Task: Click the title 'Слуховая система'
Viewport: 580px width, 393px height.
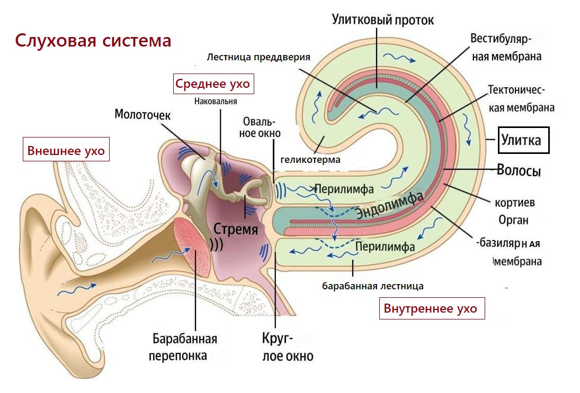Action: tap(93, 41)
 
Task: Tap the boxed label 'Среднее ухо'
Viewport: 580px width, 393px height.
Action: tap(212, 84)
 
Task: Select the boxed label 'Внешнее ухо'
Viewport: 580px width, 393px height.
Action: tap(66, 151)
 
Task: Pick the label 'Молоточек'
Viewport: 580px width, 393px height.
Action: tap(142, 114)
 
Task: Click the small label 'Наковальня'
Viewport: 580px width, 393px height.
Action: tap(216, 101)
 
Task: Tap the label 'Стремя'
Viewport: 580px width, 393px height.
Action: tap(236, 230)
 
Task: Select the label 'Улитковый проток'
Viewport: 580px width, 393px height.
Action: tap(382, 20)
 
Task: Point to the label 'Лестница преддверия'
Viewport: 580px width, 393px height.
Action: tap(258, 57)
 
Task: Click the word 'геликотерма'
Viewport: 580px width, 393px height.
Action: tap(310, 160)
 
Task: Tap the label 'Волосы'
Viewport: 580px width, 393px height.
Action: tap(519, 171)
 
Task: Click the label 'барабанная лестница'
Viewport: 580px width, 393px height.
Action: tap(373, 286)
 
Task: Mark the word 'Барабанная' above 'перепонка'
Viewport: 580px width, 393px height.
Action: tap(185, 339)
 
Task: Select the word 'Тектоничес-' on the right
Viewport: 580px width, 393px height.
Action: tap(516, 90)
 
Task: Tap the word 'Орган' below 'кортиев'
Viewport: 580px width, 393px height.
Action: tap(513, 219)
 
